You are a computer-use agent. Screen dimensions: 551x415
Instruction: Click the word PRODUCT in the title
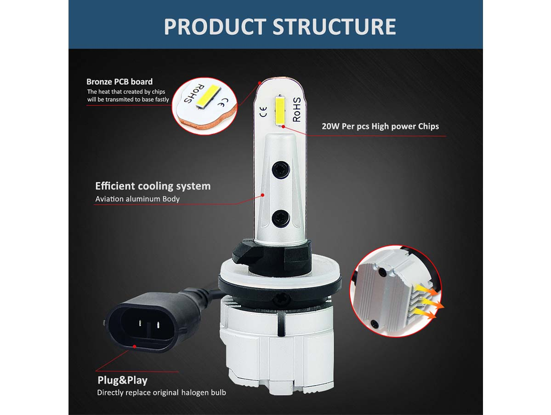(x=215, y=27)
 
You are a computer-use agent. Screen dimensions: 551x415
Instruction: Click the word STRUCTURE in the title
(x=334, y=27)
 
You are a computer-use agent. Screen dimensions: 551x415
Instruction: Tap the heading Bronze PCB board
(x=119, y=82)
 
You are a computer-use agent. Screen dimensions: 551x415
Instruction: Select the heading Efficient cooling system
(x=153, y=186)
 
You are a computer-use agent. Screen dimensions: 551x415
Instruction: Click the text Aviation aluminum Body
(x=137, y=199)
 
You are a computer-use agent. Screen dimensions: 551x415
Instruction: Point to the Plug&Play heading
(x=122, y=380)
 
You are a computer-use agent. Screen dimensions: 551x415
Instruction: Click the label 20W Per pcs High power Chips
(x=380, y=126)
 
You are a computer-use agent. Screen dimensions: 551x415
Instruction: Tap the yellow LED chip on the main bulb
(x=280, y=110)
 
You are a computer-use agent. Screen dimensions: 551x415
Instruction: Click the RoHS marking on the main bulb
(x=296, y=110)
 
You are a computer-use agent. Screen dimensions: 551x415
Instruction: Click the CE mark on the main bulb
(x=263, y=111)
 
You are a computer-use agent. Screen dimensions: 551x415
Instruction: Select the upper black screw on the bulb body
(x=281, y=170)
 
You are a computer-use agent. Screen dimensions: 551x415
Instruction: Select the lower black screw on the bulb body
(x=281, y=218)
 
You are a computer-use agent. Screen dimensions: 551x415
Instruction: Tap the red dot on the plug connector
(x=135, y=347)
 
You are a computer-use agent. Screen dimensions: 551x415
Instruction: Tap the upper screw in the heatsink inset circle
(x=382, y=271)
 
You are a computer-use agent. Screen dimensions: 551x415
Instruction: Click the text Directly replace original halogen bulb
(x=161, y=392)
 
